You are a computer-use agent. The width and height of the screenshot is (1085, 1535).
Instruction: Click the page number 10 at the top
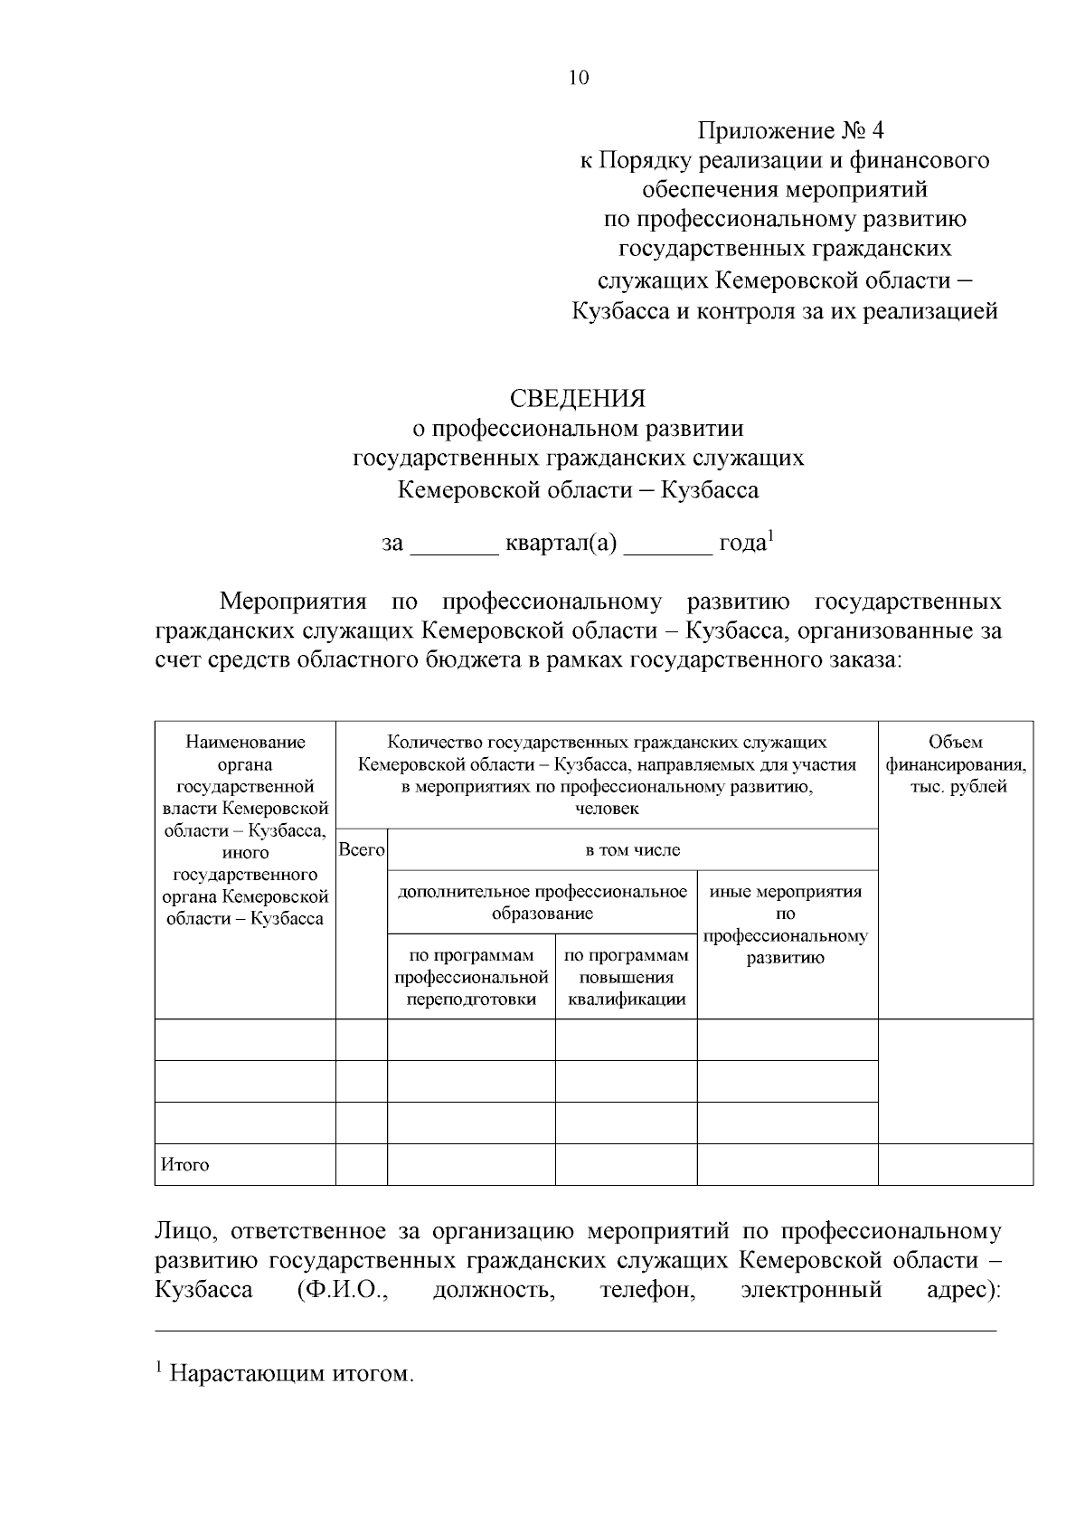(579, 78)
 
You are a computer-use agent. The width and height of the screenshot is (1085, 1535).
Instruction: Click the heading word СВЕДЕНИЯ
(578, 399)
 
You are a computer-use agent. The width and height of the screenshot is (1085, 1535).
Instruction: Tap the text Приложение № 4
(789, 131)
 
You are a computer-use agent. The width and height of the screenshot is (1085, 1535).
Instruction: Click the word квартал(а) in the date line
(561, 545)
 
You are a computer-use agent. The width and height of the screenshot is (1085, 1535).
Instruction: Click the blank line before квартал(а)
(455, 547)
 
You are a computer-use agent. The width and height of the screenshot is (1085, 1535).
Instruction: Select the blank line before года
(668, 547)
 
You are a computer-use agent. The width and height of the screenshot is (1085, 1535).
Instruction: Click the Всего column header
(362, 850)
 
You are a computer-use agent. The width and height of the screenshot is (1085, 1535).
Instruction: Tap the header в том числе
(633, 850)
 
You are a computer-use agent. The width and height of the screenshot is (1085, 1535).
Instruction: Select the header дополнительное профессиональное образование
(542, 902)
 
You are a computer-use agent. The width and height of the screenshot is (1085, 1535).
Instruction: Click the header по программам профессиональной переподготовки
(471, 978)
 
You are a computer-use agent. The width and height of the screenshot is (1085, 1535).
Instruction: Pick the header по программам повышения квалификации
(626, 978)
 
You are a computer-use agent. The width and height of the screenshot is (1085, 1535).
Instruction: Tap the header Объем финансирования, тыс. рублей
(956, 765)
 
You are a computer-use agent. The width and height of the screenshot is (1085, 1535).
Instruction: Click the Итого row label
(185, 1165)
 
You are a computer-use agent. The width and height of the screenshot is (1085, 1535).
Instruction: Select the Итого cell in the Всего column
(362, 1164)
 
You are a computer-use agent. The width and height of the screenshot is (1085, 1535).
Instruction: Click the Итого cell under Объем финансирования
(956, 1164)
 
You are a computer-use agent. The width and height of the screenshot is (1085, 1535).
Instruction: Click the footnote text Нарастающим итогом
(291, 1375)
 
